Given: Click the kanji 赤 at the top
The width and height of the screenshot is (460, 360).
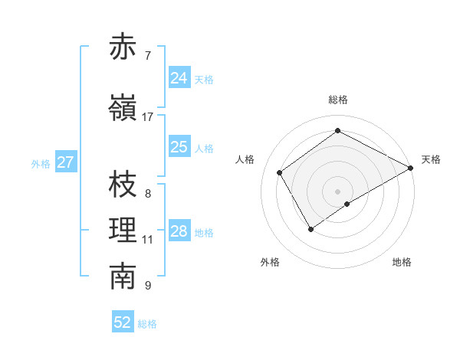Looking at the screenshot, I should point(123,47).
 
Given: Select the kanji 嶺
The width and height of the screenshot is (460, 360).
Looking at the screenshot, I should point(123,108).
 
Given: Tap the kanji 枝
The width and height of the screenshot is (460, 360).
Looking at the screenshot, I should point(123,185).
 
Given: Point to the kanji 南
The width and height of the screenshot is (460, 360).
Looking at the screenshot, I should point(123,277).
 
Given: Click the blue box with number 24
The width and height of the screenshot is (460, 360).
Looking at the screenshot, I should point(179,78).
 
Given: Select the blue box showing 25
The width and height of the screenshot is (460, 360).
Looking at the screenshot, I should point(179,147).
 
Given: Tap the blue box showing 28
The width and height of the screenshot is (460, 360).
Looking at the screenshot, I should point(179,231).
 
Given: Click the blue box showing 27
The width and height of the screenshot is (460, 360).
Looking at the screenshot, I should point(65,162).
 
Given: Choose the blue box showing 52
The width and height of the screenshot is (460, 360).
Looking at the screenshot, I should point(123,322).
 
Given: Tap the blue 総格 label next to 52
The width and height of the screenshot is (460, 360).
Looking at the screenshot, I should point(147,324).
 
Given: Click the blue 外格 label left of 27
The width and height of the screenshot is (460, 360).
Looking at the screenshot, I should point(40,163).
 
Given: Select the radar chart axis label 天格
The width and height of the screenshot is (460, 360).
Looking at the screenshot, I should point(431,159).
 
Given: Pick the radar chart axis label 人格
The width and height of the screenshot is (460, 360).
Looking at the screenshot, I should point(245,159).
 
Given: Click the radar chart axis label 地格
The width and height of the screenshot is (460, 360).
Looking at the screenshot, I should point(402,262).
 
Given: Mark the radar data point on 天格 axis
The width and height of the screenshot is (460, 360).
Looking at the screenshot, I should point(411,168).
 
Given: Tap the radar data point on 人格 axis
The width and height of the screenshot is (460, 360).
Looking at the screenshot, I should point(280,172).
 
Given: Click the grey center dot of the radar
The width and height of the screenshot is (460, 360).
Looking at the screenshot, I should point(337,190).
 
